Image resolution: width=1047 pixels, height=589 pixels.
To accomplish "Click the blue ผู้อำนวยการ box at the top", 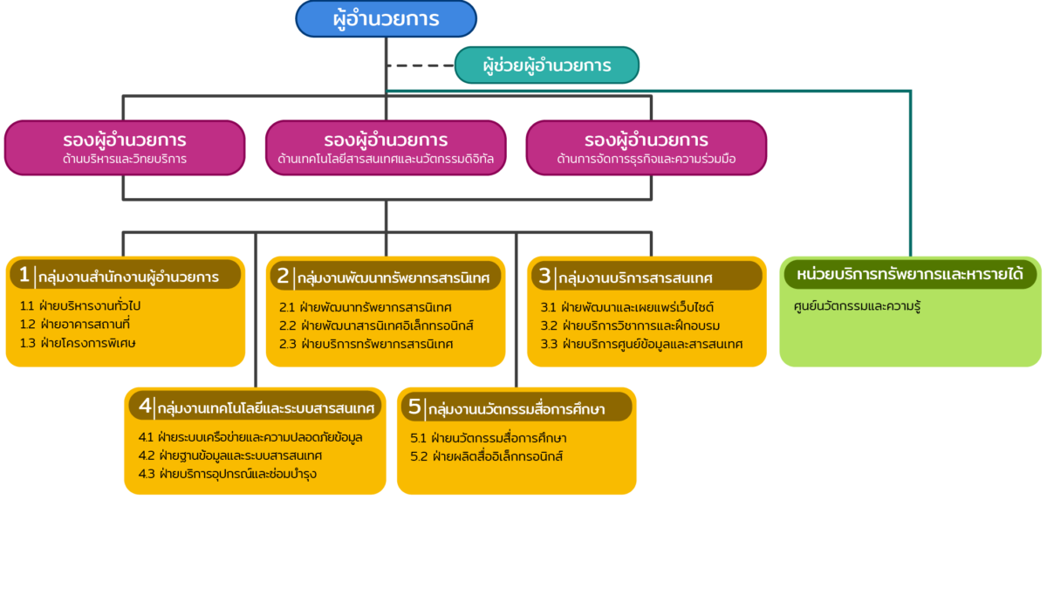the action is coord(386,18).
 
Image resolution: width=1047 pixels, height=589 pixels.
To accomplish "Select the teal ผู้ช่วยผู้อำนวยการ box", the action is coord(547,65).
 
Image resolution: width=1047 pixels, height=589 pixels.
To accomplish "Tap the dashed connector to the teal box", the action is coord(421,65).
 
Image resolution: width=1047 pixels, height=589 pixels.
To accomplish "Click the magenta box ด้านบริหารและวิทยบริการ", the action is coord(125,147).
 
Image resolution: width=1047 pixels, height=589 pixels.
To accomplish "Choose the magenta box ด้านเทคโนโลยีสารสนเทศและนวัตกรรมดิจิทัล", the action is coord(386,147).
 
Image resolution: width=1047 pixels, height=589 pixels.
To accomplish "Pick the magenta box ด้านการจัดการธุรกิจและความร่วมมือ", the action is coord(647,147).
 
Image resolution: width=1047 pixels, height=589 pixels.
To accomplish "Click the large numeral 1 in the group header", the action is coord(24,274).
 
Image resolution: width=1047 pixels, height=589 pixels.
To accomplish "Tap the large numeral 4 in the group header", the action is coord(145,406).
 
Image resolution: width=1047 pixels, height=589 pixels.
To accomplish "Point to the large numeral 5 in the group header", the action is coord(414,407).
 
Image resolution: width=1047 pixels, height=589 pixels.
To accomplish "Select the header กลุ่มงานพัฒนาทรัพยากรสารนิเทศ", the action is coord(393,278).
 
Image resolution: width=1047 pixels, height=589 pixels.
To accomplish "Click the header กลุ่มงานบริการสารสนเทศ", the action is coord(636,278).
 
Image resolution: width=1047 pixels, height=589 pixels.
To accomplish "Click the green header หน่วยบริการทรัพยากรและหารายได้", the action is coord(910,274).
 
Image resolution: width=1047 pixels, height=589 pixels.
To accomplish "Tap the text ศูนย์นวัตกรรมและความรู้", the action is coord(857,306).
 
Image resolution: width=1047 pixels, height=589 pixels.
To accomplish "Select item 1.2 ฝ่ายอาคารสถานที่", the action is coord(75,324).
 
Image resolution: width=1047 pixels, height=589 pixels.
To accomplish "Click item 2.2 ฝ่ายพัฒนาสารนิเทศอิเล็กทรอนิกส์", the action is coord(376,325).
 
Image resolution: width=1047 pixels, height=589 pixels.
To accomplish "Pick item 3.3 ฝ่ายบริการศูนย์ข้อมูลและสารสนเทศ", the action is coord(641,344).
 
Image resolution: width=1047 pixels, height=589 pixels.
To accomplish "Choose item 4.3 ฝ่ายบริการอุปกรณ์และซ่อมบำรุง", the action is coord(228,474).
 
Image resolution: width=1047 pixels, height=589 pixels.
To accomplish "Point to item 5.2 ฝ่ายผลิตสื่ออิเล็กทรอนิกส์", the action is coord(487,455).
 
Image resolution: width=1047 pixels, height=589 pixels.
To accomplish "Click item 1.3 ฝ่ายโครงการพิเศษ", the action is coord(78,343).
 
